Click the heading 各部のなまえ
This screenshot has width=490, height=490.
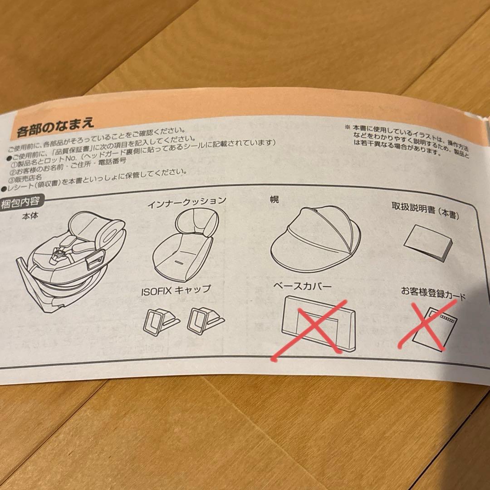(x=55, y=126)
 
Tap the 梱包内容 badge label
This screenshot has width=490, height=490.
(x=20, y=203)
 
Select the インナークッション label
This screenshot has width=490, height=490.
(x=186, y=202)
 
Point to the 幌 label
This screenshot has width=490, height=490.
(x=274, y=199)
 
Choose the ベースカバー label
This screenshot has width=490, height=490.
(x=302, y=286)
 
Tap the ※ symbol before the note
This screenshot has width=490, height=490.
(x=347, y=127)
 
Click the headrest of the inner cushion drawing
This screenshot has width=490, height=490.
(x=196, y=221)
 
